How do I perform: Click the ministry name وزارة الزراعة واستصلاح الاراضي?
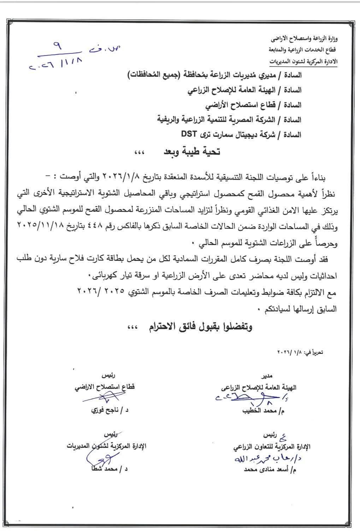(305, 37)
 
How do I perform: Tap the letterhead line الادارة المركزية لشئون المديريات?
(303, 61)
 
